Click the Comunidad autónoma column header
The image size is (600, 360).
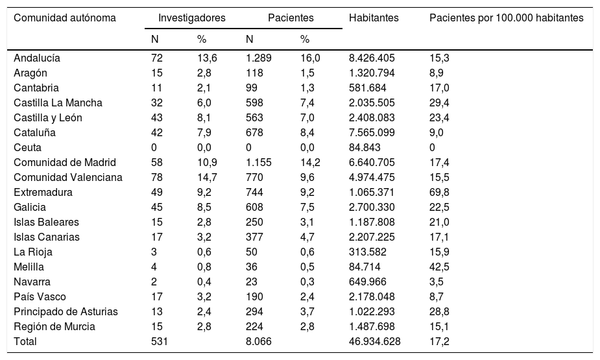(65, 18)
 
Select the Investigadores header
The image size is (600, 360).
(191, 18)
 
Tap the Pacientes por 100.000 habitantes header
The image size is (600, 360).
(506, 18)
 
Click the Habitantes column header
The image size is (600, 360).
(374, 18)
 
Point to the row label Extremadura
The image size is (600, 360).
(43, 192)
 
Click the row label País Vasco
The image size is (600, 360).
(38, 296)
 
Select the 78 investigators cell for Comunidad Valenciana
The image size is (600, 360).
(156, 177)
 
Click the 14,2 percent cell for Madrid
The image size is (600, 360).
(310, 162)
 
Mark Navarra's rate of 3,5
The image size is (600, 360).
(436, 282)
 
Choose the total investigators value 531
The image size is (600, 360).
(159, 341)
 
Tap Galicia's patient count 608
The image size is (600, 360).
(255, 207)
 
